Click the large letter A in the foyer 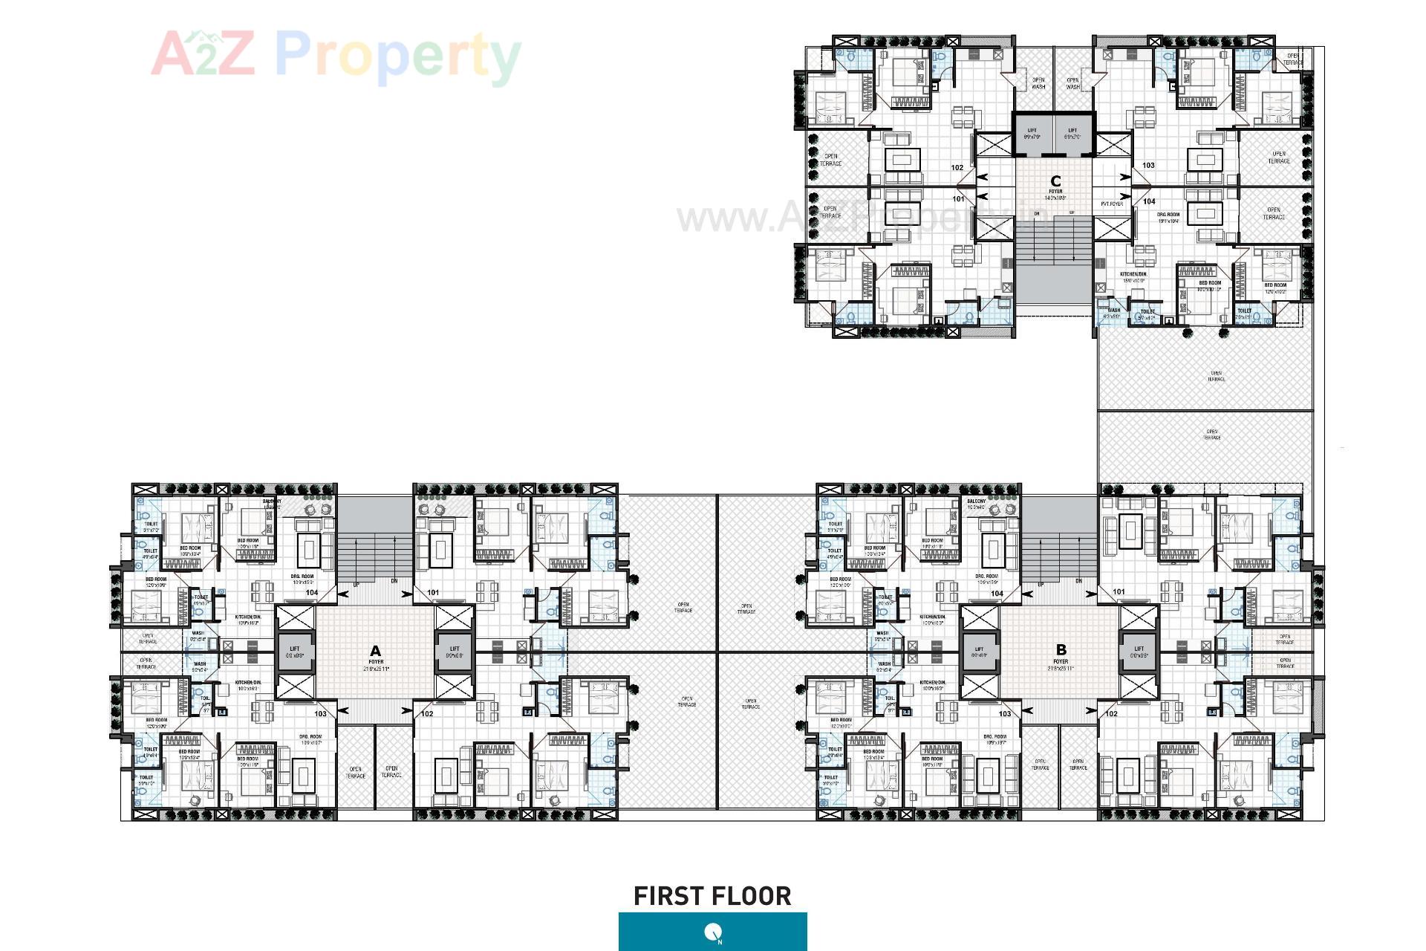coord(375,651)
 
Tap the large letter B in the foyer coord(1061,650)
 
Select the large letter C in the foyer coord(1055,181)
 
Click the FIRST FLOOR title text coord(712,896)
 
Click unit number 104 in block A coord(312,593)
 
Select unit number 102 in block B coord(1111,713)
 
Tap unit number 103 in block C coord(1148,165)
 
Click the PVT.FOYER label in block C coord(1112,204)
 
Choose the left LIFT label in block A coord(295,649)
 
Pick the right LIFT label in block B coord(1139,649)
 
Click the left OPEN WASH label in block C coord(1038,83)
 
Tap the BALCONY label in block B coord(976,502)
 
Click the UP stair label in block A coord(356,585)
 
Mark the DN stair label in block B coord(1078,581)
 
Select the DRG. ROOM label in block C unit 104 coord(1168,215)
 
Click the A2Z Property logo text coord(336,53)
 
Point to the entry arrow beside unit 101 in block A coord(406,594)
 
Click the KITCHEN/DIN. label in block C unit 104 coord(1133,274)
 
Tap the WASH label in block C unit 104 coord(1114,311)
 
